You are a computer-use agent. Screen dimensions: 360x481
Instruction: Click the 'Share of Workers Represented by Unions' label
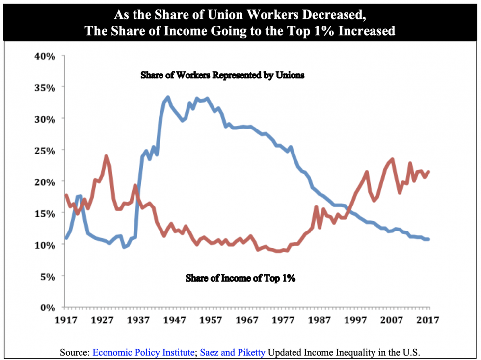click(x=223, y=76)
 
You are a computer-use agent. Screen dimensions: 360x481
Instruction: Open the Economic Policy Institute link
click(x=143, y=352)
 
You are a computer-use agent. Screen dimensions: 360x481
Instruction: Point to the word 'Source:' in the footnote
click(x=75, y=352)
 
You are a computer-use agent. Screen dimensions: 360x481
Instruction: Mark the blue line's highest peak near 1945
click(x=168, y=97)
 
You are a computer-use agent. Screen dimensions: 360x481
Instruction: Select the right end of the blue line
click(x=428, y=239)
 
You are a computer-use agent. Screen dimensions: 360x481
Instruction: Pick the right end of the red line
click(x=428, y=171)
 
